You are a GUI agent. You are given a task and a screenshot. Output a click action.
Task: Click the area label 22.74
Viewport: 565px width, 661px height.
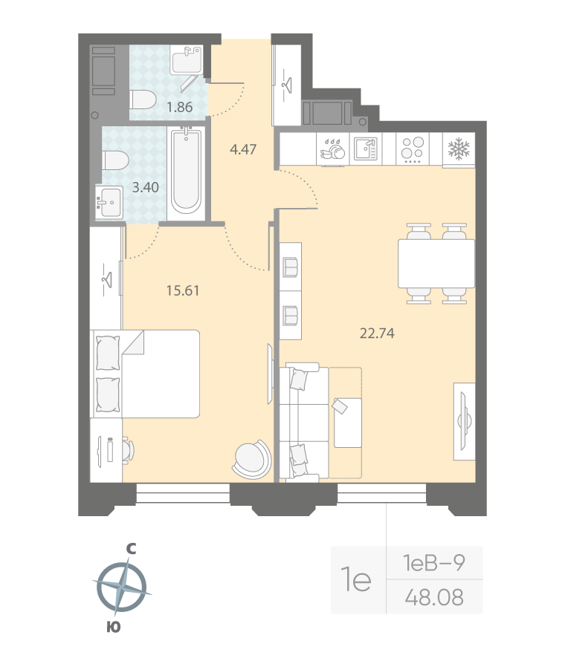point(376,333)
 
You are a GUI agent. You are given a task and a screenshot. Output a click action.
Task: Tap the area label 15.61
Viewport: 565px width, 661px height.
point(183,291)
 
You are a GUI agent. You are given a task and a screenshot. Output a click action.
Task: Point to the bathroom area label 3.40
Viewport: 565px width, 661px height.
point(144,187)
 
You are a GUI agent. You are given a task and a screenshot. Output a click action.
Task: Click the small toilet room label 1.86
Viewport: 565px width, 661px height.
point(179,107)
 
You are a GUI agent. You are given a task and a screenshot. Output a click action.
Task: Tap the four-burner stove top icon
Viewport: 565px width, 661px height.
point(411,149)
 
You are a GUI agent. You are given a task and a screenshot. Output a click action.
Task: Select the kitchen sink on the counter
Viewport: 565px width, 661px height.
point(366,149)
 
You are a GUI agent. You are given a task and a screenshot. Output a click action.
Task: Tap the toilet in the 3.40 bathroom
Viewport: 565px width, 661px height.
point(114,160)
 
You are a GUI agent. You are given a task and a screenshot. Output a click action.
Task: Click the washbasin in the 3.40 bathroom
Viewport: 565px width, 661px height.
point(111,202)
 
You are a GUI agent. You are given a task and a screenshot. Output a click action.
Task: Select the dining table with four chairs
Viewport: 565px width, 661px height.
point(436,264)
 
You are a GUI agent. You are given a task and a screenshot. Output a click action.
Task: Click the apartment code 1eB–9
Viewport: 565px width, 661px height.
point(434,563)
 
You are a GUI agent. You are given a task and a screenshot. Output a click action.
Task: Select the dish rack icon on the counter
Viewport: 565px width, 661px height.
point(332,149)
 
